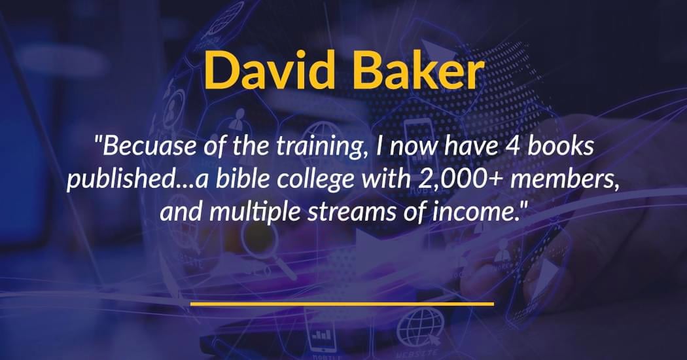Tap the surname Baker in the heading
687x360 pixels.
coord(419,70)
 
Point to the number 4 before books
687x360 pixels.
coord(512,147)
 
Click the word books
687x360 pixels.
coord(560,146)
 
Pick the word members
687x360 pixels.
coord(563,179)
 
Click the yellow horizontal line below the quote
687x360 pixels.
coord(342,304)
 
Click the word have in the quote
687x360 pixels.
coord(470,146)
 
